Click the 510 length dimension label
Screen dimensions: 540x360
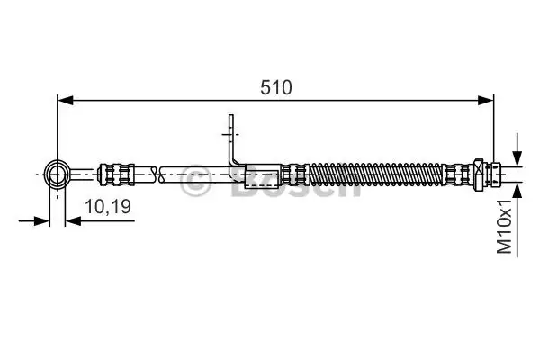(x=276, y=87)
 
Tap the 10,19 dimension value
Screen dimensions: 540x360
(x=108, y=207)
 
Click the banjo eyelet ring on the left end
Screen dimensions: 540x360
(x=57, y=175)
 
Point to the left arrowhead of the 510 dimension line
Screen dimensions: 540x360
(x=66, y=101)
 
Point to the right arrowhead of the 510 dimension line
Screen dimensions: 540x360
(x=486, y=101)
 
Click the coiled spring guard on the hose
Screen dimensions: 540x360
(x=375, y=175)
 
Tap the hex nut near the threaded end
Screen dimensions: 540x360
(x=479, y=175)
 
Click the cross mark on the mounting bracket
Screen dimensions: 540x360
(x=230, y=134)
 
